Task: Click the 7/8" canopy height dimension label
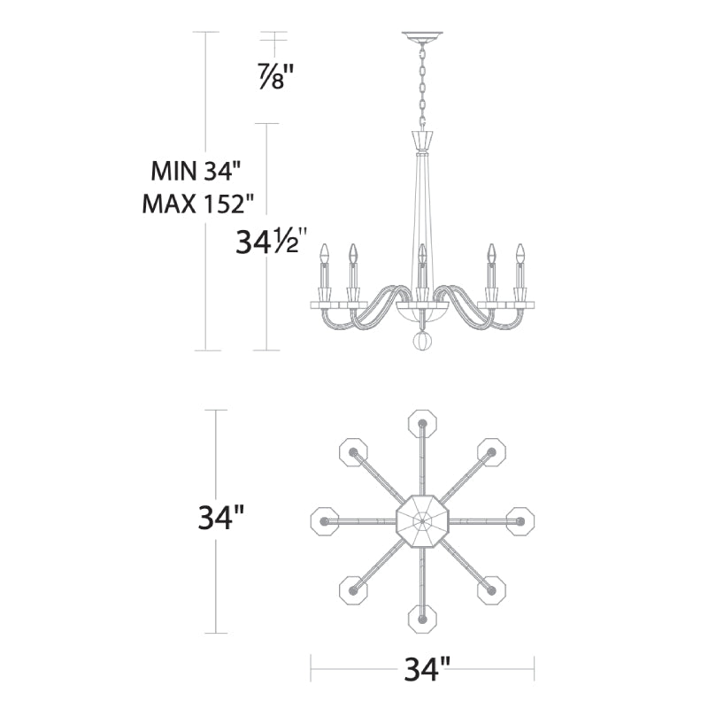[276, 77]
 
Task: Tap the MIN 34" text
[195, 171]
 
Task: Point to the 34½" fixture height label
[271, 241]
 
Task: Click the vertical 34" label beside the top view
[221, 518]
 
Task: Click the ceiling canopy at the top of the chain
[422, 37]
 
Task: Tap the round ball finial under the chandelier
[423, 342]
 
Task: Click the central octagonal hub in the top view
[422, 521]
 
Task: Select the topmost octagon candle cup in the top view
[422, 424]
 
